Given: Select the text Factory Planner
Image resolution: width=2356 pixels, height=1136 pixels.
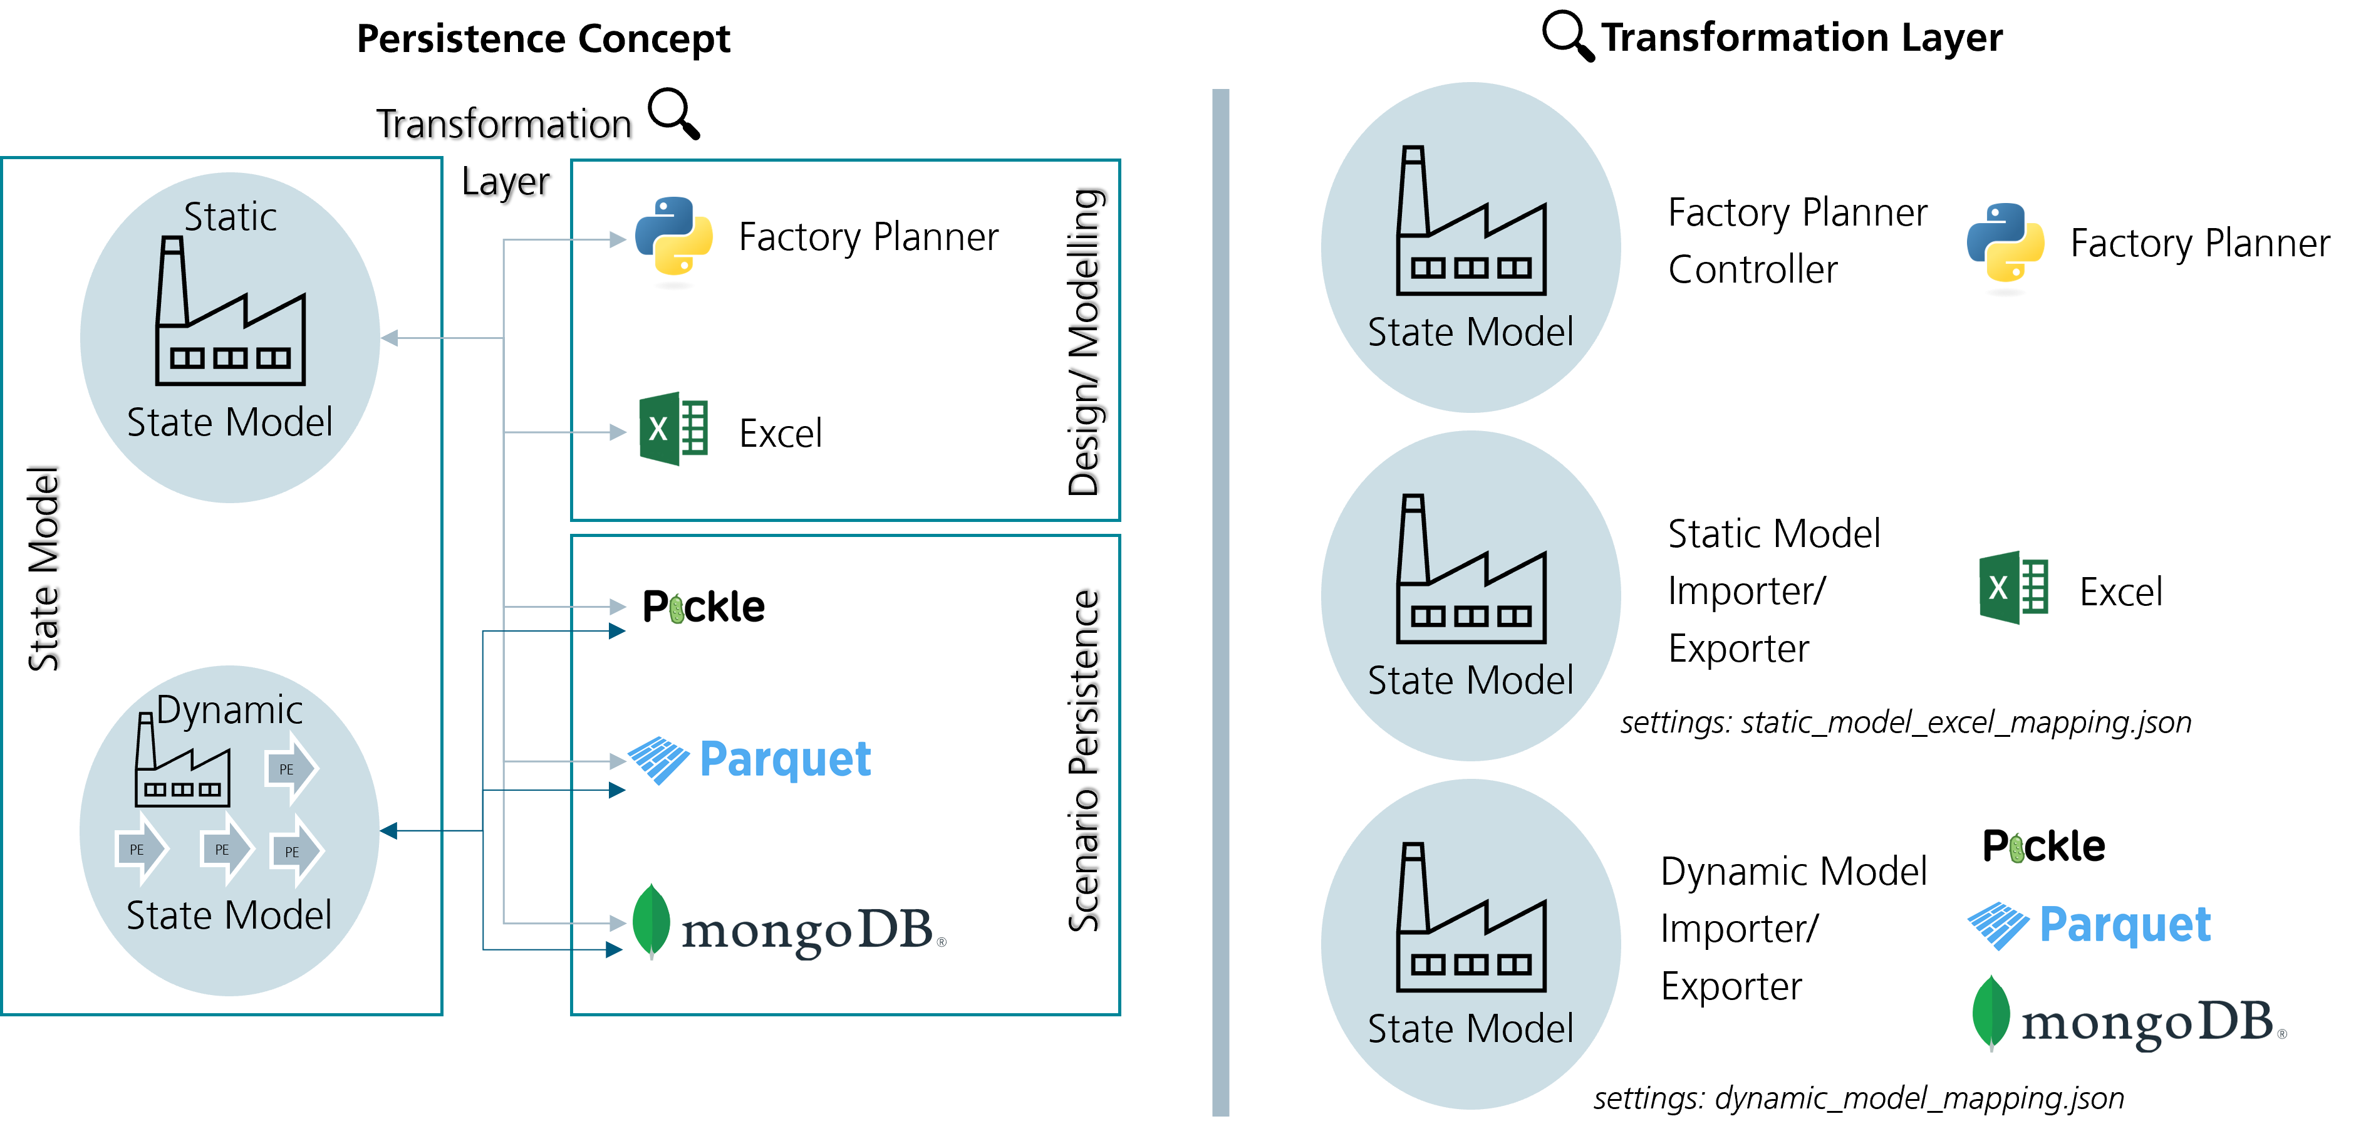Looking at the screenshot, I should [x=868, y=237].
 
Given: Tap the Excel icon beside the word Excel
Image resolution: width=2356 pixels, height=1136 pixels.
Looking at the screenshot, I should [x=673, y=429].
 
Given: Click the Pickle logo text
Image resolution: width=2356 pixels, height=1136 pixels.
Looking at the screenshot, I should [x=703, y=607].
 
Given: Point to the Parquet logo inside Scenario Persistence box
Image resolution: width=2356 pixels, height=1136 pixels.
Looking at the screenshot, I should [x=750, y=759].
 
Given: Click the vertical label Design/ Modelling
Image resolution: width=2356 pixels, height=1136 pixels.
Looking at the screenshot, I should [x=1085, y=342].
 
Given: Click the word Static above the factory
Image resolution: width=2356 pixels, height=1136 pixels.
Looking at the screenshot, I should [x=231, y=217].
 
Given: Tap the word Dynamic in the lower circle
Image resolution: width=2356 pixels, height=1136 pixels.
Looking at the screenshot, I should [x=229, y=710].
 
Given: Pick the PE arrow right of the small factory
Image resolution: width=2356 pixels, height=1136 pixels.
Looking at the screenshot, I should [x=290, y=769].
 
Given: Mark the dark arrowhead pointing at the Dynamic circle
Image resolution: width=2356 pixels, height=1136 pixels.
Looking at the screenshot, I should [x=389, y=830].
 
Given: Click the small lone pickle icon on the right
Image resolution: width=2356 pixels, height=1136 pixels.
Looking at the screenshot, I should [x=2016, y=849].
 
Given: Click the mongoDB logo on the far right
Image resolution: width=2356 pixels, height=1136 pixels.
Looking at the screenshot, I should [x=2127, y=1014].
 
